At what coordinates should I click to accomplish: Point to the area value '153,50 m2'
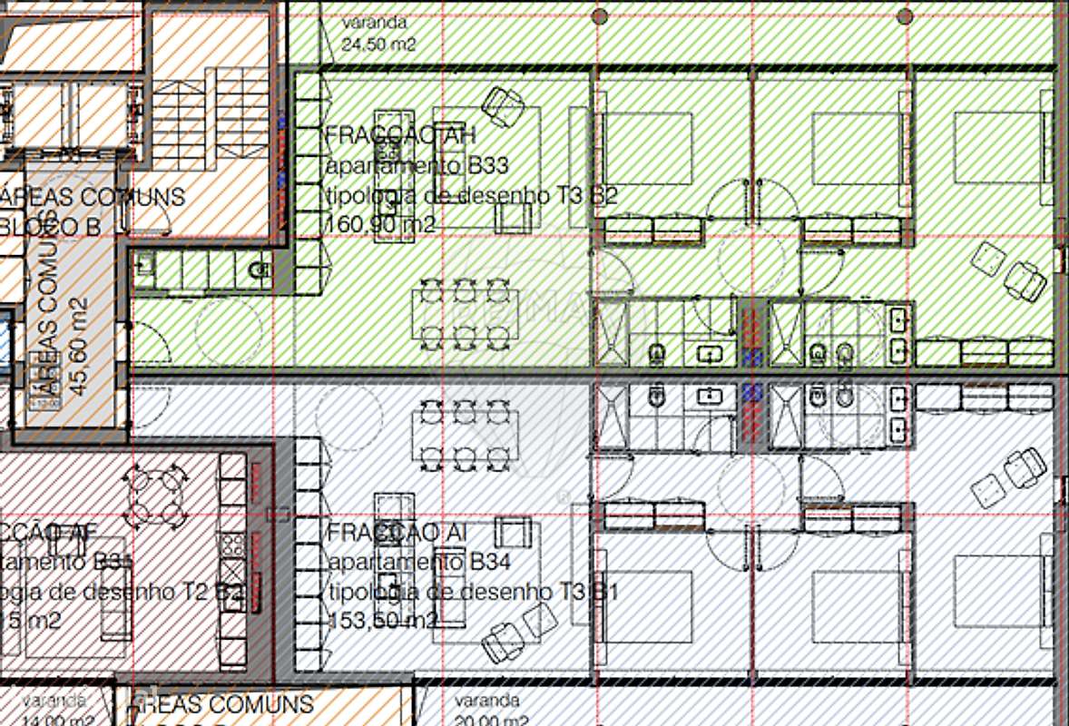[381, 621]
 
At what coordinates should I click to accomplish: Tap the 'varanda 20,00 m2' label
[488, 711]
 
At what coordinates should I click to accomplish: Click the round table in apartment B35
[155, 495]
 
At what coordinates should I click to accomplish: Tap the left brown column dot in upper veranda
[599, 15]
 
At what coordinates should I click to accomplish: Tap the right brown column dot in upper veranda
[904, 15]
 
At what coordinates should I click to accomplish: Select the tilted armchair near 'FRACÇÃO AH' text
[499, 105]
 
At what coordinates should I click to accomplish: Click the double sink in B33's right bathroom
[899, 334]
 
